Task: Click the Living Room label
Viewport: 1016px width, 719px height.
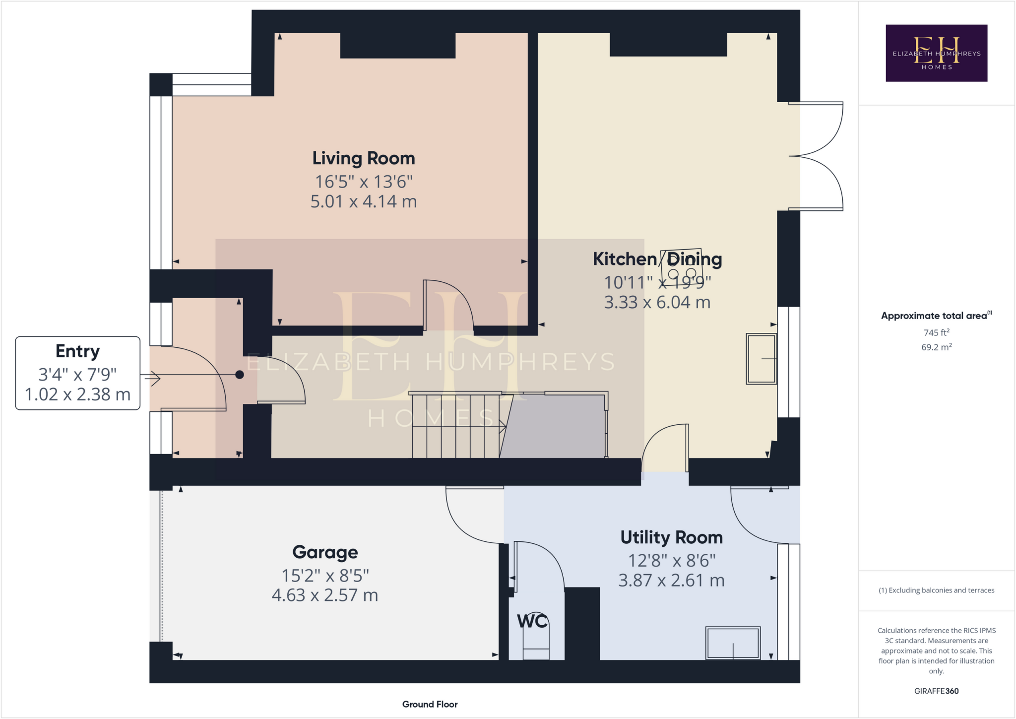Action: point(363,158)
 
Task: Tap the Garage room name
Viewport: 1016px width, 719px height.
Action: point(325,552)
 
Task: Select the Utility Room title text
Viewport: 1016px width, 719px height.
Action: point(671,537)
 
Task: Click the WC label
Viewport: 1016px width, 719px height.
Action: point(532,621)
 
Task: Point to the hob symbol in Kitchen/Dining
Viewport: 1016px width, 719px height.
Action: point(682,267)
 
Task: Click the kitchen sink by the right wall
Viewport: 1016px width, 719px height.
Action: point(761,359)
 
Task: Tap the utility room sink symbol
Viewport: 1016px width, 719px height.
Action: point(733,643)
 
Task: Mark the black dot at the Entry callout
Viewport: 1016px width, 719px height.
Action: point(240,375)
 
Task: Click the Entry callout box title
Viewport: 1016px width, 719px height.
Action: point(77,351)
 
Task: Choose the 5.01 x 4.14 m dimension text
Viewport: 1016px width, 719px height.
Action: point(363,201)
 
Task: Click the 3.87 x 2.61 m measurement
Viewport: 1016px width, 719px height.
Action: point(671,580)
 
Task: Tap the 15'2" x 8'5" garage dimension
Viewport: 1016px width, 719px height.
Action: point(325,576)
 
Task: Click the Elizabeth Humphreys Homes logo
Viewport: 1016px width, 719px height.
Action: point(936,53)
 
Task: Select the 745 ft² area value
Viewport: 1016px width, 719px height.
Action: point(936,332)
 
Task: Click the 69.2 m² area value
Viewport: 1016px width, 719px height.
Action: point(936,347)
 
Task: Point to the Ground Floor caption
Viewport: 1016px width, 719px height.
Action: point(430,704)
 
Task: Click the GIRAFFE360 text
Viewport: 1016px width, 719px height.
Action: point(936,691)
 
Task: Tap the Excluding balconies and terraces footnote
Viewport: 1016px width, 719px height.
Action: point(936,590)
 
